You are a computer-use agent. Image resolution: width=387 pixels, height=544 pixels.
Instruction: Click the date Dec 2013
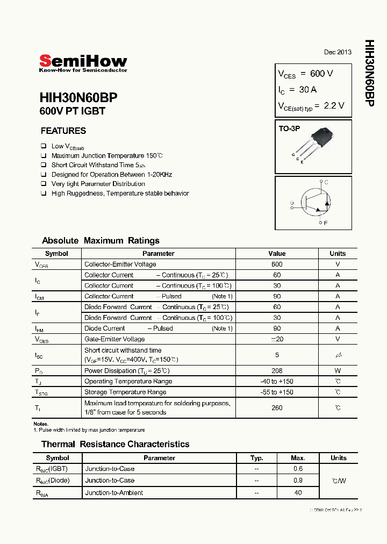(338, 52)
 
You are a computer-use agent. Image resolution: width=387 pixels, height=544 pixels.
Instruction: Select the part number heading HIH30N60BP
(78, 97)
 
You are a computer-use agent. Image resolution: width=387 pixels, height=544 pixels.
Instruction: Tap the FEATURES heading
(63, 131)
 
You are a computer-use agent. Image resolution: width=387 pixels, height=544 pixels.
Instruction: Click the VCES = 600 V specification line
(305, 74)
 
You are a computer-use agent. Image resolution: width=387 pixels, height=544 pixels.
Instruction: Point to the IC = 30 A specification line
(297, 89)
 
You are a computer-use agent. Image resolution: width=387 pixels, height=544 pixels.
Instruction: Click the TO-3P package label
(289, 129)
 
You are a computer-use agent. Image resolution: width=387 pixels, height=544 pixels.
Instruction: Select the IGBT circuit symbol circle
(314, 203)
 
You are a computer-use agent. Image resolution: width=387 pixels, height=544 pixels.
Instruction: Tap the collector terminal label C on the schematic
(326, 183)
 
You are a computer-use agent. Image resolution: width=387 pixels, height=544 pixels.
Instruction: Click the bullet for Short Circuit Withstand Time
(44, 165)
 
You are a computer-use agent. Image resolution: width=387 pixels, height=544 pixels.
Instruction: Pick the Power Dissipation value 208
(277, 371)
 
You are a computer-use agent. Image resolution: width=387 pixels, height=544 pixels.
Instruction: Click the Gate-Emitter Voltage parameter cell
(114, 339)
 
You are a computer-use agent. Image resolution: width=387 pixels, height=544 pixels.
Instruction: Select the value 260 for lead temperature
(277, 407)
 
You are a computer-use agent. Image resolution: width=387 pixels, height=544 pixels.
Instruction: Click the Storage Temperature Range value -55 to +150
(277, 392)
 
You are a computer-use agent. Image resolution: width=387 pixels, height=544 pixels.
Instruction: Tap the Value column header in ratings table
(277, 254)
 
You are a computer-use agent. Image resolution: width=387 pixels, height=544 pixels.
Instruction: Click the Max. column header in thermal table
(298, 458)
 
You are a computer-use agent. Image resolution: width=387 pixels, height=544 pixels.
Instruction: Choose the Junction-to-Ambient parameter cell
(114, 492)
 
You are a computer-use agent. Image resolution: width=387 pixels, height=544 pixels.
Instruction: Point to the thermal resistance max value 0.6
(298, 469)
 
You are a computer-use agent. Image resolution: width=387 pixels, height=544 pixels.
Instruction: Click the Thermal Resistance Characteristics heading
(116, 444)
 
